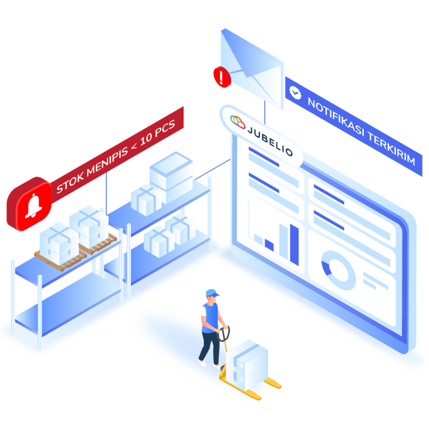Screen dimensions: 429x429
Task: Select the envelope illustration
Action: pyautogui.click(x=253, y=67)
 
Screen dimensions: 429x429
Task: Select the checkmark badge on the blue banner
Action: pyautogui.click(x=295, y=92)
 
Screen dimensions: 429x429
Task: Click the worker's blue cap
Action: pyautogui.click(x=212, y=293)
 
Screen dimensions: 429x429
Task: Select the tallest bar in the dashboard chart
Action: pyautogui.click(x=294, y=244)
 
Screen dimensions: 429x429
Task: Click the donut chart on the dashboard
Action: pyautogui.click(x=335, y=267)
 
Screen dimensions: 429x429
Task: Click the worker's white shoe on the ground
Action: pyautogui.click(x=202, y=363)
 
